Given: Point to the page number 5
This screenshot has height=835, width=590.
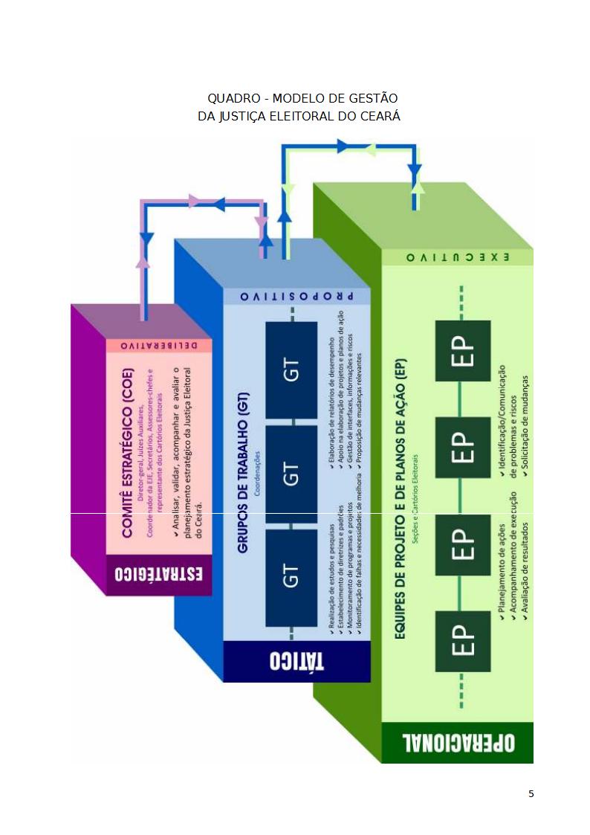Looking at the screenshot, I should pyautogui.click(x=531, y=793).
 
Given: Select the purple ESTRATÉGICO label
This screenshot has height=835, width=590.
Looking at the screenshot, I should pyautogui.click(x=159, y=576).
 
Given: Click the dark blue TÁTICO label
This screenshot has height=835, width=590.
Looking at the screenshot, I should pyautogui.click(x=296, y=661).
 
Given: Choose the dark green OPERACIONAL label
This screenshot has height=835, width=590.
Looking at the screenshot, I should pyautogui.click(x=457, y=743).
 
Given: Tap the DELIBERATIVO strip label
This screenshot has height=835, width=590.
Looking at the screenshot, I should pyautogui.click(x=159, y=346).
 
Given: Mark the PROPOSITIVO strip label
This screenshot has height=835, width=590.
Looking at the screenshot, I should pyautogui.click(x=296, y=296).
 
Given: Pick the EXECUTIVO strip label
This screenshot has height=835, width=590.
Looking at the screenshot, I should pyautogui.click(x=457, y=257).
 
